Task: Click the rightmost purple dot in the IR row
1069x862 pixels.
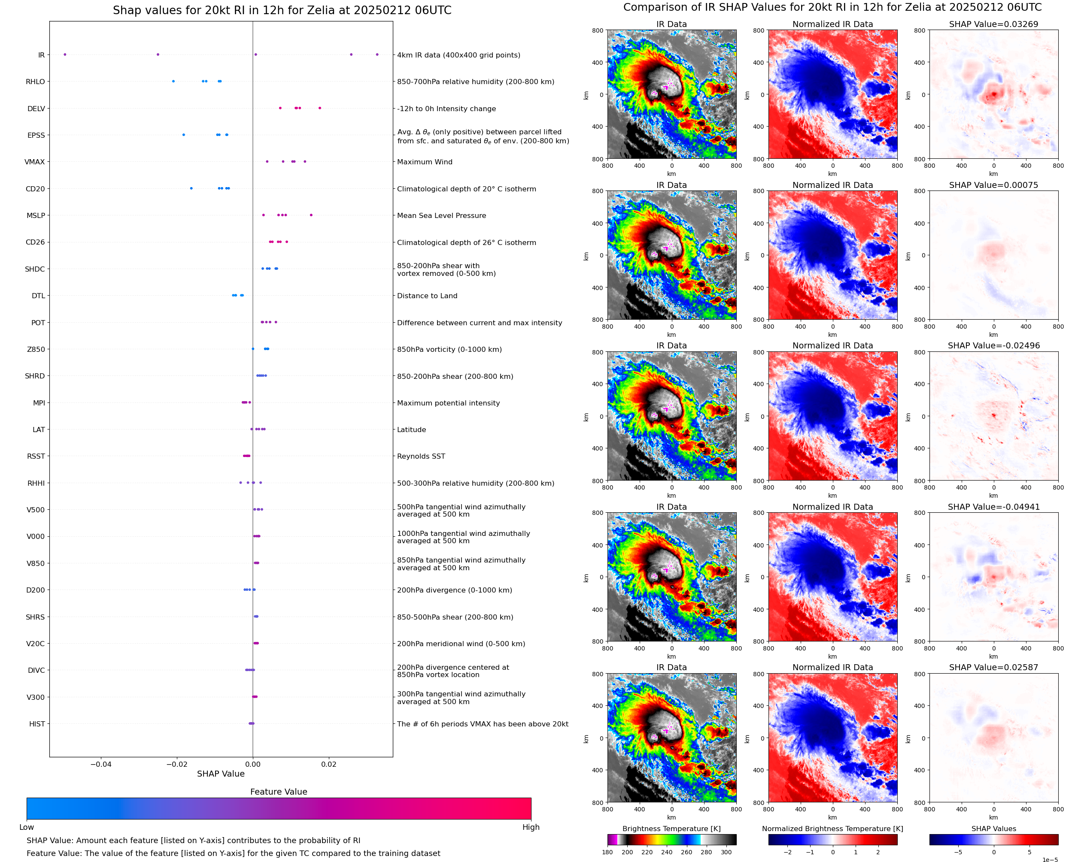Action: click(377, 54)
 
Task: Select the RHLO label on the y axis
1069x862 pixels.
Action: click(35, 82)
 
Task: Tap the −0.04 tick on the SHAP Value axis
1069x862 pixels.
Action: click(101, 764)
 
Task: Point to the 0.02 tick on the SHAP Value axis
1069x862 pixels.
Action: click(329, 764)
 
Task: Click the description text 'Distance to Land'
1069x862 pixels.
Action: click(427, 296)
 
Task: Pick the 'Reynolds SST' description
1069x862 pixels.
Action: click(421, 457)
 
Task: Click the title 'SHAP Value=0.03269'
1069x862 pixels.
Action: click(993, 24)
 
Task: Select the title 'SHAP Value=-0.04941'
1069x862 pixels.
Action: click(993, 507)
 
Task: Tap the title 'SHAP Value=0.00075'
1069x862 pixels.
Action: click(993, 185)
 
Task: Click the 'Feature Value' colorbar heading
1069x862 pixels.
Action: click(279, 792)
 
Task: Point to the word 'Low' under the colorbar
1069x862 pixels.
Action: click(27, 827)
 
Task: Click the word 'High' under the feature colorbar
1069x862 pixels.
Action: click(531, 827)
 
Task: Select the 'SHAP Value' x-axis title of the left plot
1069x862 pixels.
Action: click(221, 774)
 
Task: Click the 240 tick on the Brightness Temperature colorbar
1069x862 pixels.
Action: click(667, 852)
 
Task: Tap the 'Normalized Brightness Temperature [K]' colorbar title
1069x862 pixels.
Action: click(832, 829)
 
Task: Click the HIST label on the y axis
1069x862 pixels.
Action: click(37, 724)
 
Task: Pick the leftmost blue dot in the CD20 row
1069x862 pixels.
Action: click(191, 188)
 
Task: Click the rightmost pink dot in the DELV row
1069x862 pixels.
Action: click(319, 108)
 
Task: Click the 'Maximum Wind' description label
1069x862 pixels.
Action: click(425, 162)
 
